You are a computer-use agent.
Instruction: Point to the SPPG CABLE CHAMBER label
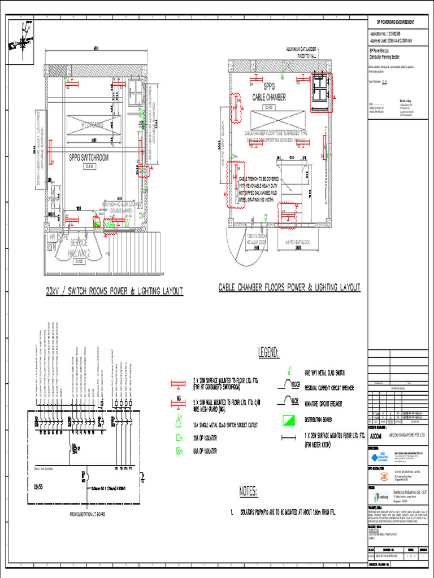pos(268,93)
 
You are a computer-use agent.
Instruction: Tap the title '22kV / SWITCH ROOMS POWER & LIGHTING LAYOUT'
pos(114,291)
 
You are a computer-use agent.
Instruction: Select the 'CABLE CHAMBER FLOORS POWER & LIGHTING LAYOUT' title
pos(289,288)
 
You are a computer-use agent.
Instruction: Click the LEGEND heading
pos(268,353)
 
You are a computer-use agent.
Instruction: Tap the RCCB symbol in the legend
pos(288,386)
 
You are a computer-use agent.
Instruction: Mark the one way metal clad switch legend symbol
pos(289,370)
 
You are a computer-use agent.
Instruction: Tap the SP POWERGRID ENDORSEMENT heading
pos(396,22)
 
